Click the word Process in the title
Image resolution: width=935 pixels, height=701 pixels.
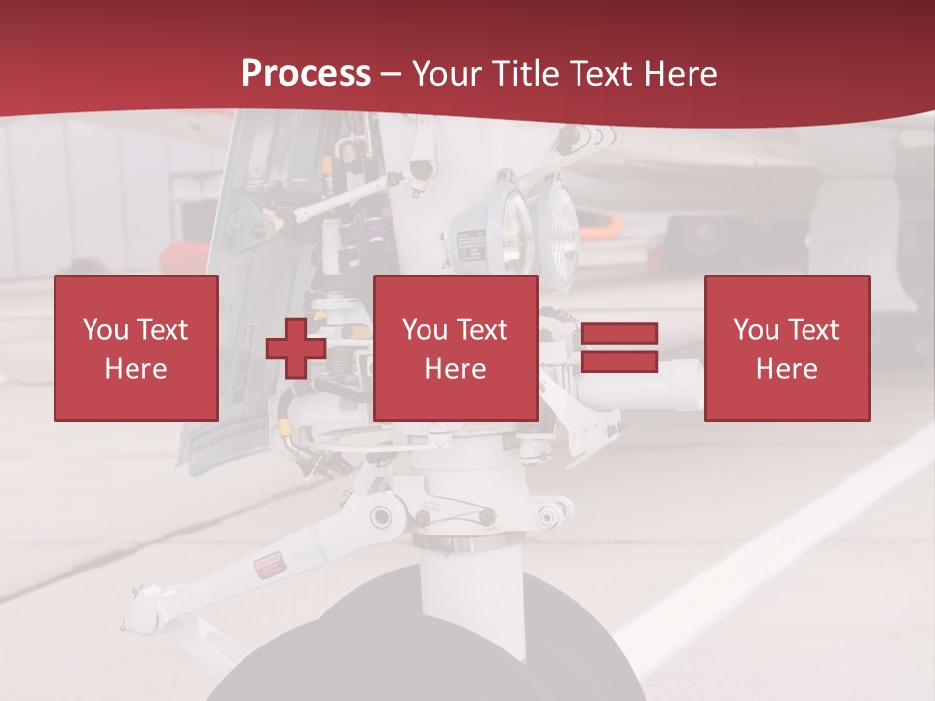306,74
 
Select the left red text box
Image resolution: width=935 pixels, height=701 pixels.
135,348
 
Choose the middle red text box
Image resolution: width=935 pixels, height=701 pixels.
455,348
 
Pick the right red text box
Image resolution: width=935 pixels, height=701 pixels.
786,348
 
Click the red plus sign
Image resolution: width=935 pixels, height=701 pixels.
296,349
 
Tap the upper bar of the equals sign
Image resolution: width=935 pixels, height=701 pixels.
619,334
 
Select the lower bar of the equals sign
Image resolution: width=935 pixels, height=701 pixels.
619,361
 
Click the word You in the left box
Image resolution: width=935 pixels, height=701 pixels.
105,330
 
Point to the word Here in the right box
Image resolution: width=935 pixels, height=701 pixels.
786,369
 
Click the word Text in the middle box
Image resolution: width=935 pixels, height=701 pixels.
481,330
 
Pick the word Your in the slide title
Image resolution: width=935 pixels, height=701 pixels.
449,74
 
